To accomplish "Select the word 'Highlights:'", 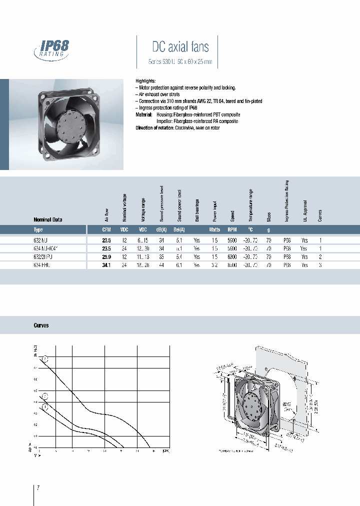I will pos(146,80).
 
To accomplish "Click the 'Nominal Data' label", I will pos(47,219).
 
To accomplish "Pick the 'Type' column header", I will pos(38,229).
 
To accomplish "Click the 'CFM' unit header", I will pos(106,229).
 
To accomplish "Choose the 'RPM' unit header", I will pos(231,229).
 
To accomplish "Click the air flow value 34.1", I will pos(106,265).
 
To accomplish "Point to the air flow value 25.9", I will pos(106,256).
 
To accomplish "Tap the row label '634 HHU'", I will pos(42,265).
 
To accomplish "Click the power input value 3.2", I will pos(214,265).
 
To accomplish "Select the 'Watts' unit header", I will pos(214,229).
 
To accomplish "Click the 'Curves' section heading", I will pos(41,325).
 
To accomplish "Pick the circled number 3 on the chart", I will pos(45,358).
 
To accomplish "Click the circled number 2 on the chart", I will pos(45,396).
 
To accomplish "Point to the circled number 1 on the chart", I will pos(45,407).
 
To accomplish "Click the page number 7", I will pos(38,487).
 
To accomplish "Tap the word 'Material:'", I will pos(145,114).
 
